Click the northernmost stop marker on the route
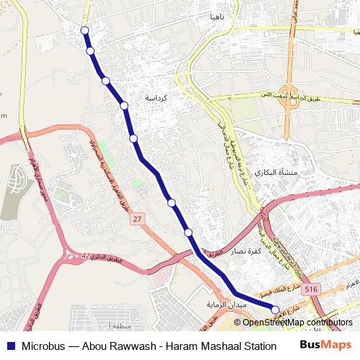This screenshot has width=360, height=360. coord(85,30)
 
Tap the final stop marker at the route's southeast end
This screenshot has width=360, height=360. coord(274,310)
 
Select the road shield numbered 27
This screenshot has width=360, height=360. coord(138,218)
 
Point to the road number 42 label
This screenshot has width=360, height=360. coord(86,256)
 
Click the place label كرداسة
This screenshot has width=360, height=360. coord(157,97)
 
